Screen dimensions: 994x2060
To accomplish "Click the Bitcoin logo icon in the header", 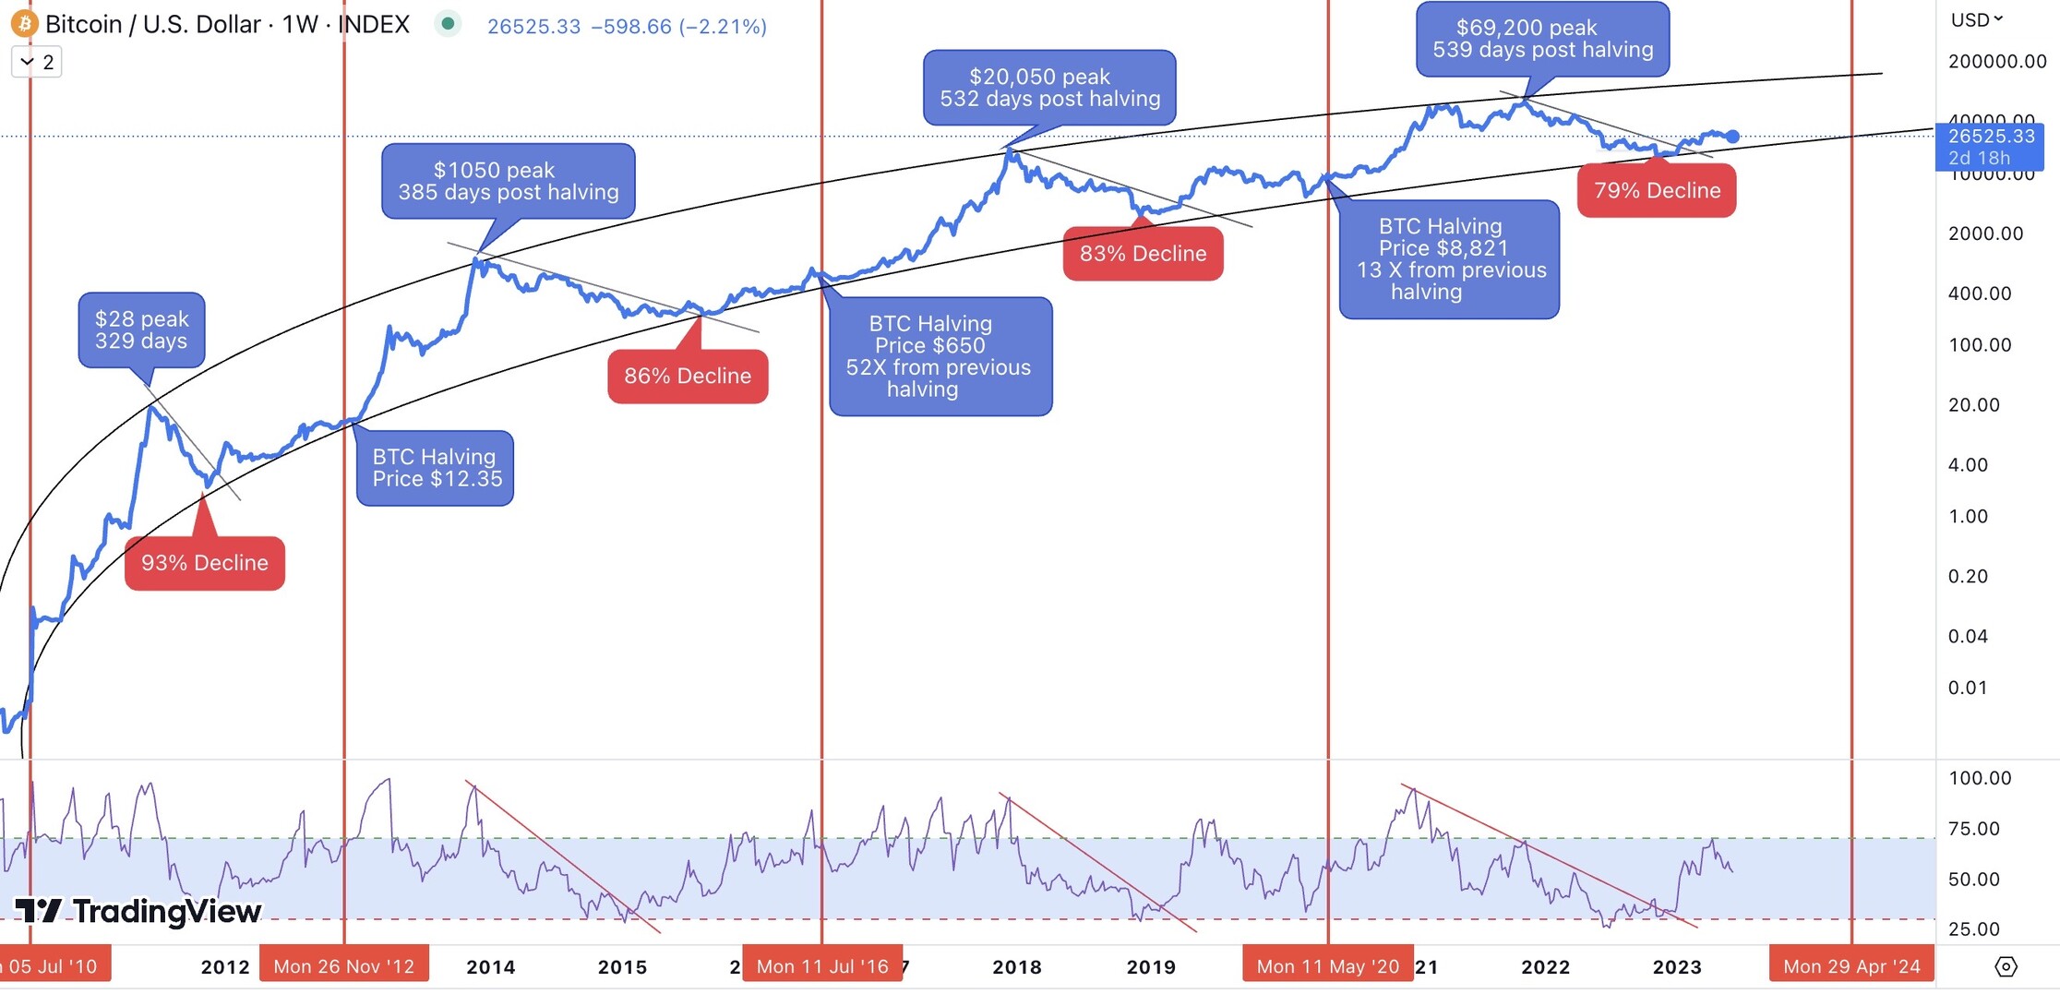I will pos(24,24).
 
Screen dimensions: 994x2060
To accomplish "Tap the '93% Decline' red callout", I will pos(205,563).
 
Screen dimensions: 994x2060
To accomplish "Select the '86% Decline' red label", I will pos(688,377).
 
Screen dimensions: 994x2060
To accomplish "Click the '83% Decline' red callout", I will pos(1143,254).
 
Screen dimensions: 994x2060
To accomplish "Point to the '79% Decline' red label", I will pos(1657,191).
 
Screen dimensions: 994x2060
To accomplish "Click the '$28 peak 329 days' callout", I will pos(142,330).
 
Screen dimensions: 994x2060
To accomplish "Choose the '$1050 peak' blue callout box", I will pos(509,182).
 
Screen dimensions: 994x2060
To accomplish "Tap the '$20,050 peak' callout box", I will pos(1049,89).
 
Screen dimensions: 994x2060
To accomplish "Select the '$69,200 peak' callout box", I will pos(1542,40).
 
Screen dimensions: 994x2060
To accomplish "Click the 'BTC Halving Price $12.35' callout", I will pos(436,468).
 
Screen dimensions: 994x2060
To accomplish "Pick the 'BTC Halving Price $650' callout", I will pos(940,356).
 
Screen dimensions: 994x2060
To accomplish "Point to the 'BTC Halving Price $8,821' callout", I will pos(1449,259).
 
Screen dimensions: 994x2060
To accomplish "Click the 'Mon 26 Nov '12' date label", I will pos(344,966).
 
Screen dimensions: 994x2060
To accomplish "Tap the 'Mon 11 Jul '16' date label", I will pos(822,966).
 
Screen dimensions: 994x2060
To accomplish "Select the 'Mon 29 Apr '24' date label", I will pos(1851,966).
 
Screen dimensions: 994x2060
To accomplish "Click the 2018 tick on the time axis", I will pos(1017,967).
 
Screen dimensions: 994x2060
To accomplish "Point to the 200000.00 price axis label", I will pos(1997,62).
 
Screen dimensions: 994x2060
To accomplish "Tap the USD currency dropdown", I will pos(1976,19).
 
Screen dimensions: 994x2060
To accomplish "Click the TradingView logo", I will pos(138,912).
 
